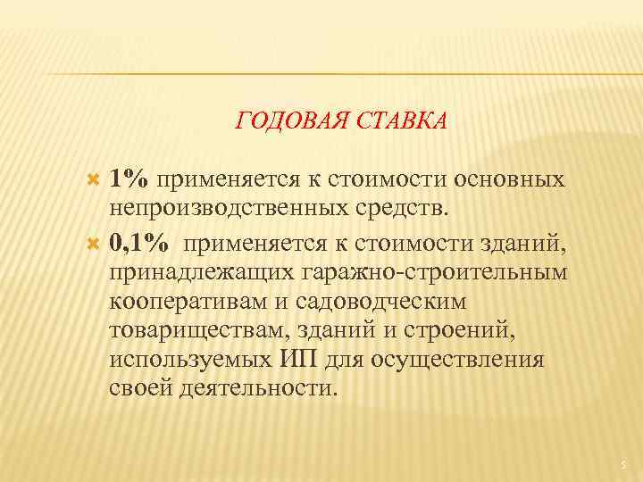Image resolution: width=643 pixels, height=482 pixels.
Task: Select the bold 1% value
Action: point(130,177)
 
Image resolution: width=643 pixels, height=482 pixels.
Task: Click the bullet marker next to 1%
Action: point(96,178)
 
